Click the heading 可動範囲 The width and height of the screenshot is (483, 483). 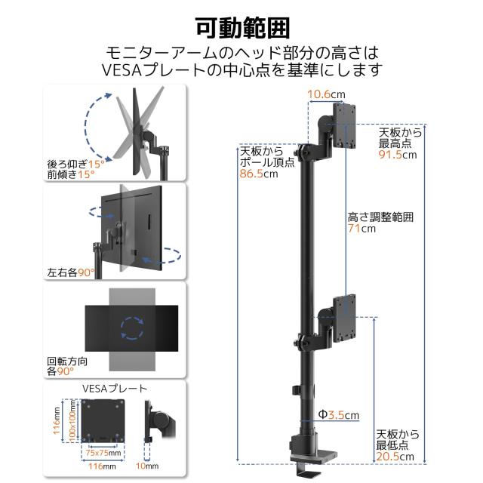pos(241,28)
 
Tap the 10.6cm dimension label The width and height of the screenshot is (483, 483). pos(326,94)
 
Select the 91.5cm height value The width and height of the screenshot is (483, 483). pos(397,155)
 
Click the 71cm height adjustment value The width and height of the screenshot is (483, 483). pos(361,229)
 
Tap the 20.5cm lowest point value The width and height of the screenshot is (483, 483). pos(396,457)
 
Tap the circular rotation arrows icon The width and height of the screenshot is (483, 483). pos(133,329)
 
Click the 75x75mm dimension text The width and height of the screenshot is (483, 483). pos(100,453)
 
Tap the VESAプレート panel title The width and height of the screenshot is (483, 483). pos(114,389)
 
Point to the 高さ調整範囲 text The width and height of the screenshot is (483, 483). pos(380,217)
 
